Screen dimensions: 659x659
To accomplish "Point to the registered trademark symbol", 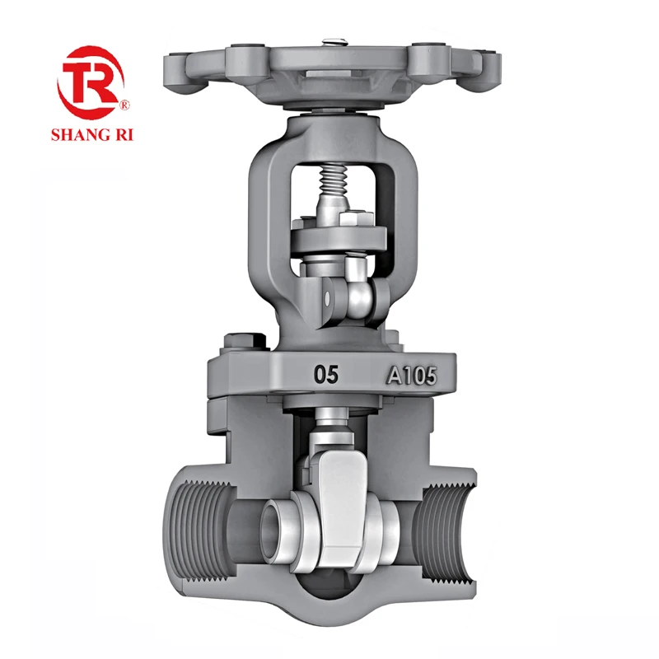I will (125, 105).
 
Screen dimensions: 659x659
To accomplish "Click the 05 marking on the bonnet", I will (325, 375).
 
